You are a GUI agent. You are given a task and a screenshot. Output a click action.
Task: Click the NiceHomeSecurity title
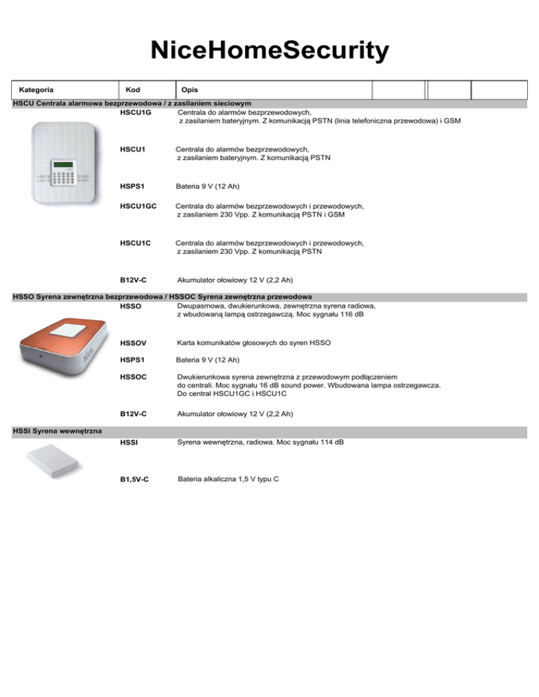coord(269,51)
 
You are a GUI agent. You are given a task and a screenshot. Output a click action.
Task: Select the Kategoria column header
coord(38,90)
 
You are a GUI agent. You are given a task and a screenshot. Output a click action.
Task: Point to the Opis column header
coord(189,90)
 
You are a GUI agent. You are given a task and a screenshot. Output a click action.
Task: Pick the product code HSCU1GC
coord(138,207)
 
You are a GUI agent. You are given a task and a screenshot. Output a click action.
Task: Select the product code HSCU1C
coord(135,243)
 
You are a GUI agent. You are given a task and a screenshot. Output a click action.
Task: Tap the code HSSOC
coord(134,377)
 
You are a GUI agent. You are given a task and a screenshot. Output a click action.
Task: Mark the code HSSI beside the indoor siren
coord(129,445)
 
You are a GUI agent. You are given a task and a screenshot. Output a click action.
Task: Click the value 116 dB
coord(350,314)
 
